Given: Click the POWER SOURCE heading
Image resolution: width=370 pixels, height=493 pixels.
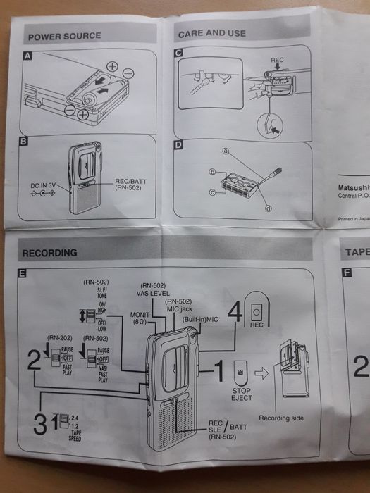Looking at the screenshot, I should [63, 35].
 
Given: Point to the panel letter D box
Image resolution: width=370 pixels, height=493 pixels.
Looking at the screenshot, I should [178, 146].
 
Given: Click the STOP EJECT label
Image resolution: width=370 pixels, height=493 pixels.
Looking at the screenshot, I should [242, 394].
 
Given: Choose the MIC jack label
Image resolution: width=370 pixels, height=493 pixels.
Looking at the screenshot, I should [178, 309].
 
